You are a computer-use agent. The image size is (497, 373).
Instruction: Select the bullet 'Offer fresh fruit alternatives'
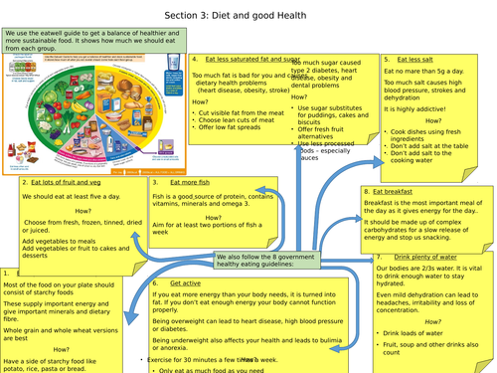click(x=328, y=131)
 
